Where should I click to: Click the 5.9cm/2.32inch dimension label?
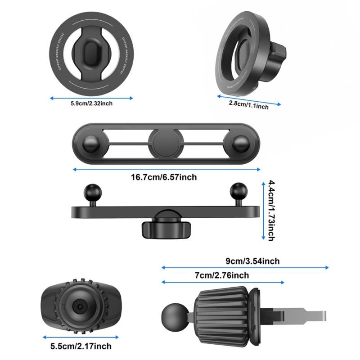coord(91,103)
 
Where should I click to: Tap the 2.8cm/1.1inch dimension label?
coord(248,105)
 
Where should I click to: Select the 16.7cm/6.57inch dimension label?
coord(164,177)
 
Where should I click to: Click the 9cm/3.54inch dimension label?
coord(252,261)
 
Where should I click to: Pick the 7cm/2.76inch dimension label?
coord(221,275)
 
